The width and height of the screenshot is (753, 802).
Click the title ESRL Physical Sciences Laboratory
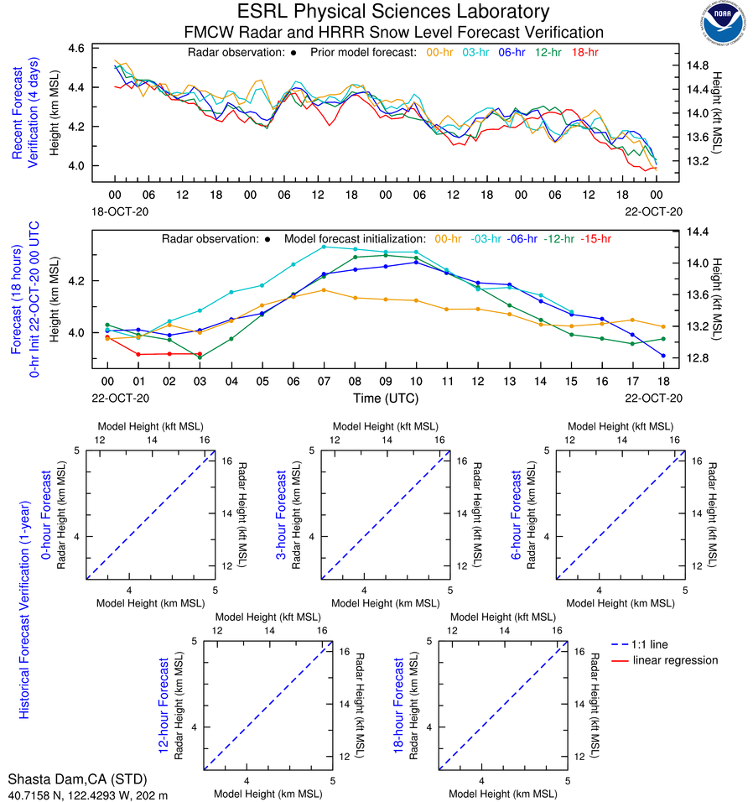394,12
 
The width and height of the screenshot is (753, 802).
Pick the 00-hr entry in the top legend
441,52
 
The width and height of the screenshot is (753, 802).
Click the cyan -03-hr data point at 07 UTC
324,247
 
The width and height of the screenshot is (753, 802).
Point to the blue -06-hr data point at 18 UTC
663,356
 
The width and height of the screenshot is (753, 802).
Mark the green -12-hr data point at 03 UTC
200,357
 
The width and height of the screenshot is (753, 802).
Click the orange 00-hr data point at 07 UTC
324,290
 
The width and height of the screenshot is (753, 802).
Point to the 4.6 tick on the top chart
75,49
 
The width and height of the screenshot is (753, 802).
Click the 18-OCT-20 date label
115,211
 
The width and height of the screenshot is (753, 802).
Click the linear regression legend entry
675,660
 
